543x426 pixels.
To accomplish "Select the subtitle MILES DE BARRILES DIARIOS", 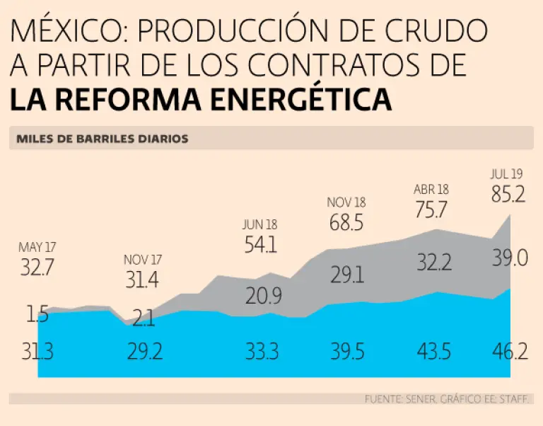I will tap(103, 139).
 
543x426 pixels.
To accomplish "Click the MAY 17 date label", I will tap(36, 248).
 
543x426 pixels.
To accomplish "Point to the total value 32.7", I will tap(36, 268).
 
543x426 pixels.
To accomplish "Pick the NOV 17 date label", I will tap(143, 260).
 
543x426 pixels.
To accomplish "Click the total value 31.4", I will tap(142, 280).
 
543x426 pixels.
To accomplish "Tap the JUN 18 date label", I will tap(259, 224).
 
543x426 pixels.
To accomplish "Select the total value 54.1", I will tap(259, 245).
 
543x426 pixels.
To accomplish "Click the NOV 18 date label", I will tap(346, 202).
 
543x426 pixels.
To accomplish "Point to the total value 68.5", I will tap(346, 223).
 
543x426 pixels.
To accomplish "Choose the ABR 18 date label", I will tap(431, 190).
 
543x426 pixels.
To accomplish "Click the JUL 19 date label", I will tap(508, 173).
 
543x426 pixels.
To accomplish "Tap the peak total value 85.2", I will tap(508, 194).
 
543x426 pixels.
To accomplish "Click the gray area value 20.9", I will tap(264, 297).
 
